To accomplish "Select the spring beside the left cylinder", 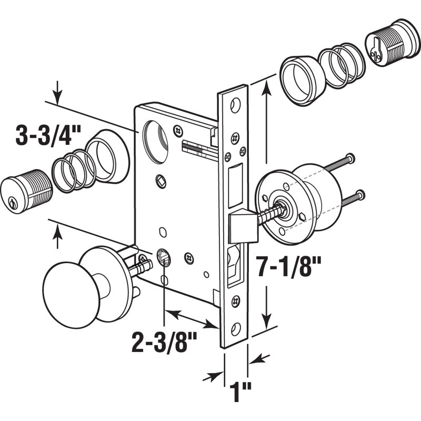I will tap(74, 170).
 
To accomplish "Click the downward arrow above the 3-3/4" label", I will tap(57, 97).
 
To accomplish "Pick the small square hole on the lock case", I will tap(159, 181).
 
